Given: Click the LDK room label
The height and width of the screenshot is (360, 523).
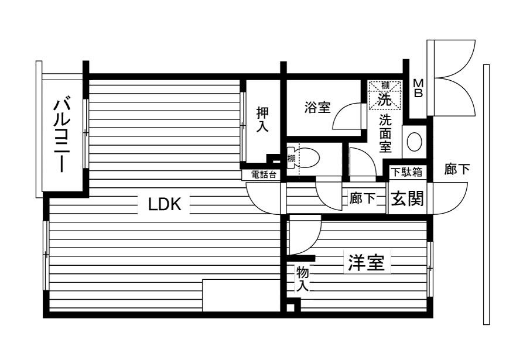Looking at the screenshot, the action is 165,204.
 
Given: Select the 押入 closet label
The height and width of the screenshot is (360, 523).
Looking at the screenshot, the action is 262,119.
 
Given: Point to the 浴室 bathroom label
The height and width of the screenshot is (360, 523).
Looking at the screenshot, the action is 317,108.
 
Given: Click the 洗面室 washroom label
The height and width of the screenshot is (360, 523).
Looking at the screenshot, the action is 385,133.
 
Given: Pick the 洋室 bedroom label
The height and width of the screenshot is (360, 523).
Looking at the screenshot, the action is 367,263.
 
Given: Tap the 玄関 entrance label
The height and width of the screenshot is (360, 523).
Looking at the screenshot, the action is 407,198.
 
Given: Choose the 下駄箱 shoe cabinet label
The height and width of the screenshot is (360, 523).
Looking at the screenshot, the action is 407,172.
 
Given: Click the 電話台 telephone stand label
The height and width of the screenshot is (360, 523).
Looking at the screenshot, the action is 264,174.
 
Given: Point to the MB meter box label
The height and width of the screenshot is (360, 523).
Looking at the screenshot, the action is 418,88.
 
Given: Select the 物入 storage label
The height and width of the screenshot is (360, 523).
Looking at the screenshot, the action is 303,279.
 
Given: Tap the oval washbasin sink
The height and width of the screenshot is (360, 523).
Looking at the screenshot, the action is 415,142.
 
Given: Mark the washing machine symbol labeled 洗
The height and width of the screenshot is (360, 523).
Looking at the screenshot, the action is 385,95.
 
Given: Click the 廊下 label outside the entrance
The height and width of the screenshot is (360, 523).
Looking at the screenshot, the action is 457,169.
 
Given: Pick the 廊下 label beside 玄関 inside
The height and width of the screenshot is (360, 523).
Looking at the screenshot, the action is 362,198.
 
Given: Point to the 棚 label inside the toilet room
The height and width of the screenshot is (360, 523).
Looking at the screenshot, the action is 292,158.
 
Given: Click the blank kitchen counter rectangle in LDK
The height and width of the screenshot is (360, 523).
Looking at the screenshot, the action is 241,296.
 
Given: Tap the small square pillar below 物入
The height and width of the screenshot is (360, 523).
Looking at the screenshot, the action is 291,307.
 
